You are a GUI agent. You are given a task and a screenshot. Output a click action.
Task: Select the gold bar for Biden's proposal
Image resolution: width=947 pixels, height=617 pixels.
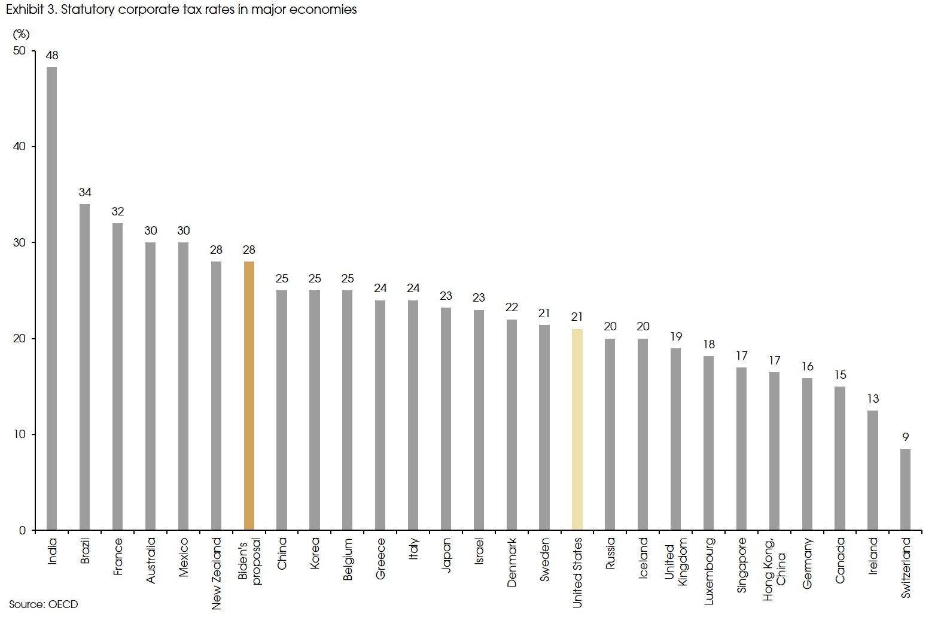249,395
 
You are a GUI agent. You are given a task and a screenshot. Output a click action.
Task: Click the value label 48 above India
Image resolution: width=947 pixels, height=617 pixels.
52,55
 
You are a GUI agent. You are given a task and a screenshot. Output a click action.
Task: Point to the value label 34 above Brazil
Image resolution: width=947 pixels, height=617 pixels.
85,192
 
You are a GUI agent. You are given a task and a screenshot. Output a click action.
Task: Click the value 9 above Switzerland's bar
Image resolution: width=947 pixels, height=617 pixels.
905,437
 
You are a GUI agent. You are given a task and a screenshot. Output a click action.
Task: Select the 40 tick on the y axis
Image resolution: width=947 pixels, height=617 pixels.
20,147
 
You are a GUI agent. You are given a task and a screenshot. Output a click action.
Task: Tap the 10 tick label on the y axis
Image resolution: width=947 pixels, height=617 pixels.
20,434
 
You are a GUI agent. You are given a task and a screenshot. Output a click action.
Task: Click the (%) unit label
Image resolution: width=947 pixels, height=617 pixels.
21,34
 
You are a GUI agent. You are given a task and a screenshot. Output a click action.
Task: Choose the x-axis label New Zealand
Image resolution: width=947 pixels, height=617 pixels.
217,573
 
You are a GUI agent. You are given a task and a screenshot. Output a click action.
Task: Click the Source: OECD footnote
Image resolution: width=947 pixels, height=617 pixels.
44,604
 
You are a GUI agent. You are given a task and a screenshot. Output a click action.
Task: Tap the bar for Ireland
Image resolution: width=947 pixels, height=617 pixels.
873,470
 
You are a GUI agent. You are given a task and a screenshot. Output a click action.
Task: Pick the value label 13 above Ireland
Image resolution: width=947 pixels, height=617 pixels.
873,399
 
